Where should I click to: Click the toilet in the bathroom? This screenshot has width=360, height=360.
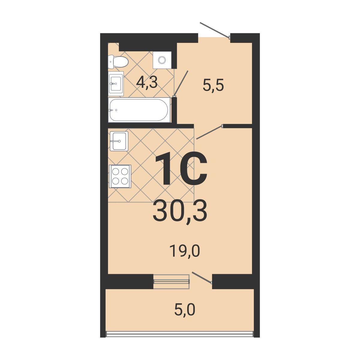click(x=118, y=61)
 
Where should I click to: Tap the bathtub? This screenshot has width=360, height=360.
click(x=139, y=110)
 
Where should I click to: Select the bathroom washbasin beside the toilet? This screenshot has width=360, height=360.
click(x=116, y=83)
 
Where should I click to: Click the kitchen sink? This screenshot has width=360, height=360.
click(x=119, y=141)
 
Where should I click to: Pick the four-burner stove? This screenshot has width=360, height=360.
click(x=120, y=176)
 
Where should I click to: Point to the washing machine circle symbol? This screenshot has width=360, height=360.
click(x=162, y=60)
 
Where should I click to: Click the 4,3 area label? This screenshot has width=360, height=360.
click(x=147, y=83)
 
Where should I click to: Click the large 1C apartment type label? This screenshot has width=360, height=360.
click(x=181, y=169)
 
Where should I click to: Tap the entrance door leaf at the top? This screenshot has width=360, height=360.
click(x=215, y=30)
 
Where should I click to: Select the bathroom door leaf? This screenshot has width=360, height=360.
click(x=181, y=83)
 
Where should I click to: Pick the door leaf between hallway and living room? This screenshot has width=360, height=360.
click(x=209, y=132)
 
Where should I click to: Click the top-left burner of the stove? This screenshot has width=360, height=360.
click(x=115, y=171)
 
